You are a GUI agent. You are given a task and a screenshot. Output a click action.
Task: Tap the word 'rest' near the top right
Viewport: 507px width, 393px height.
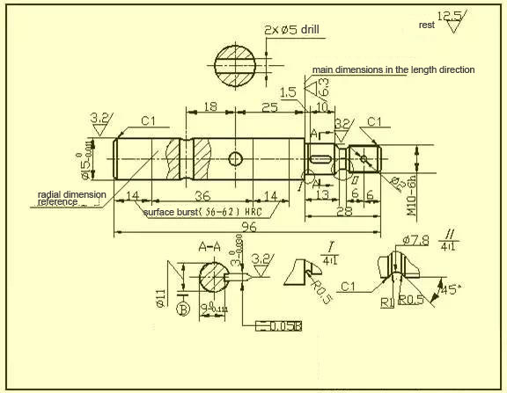427,25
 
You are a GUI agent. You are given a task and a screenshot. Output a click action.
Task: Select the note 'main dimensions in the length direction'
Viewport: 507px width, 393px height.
393,69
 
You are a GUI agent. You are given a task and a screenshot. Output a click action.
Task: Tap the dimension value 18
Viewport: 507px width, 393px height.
209,106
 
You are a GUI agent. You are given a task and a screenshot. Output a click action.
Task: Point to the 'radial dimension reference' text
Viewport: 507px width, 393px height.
71,198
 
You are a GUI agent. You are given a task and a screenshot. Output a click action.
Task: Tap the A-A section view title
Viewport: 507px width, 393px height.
209,246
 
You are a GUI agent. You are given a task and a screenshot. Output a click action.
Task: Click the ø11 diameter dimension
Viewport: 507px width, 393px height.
161,296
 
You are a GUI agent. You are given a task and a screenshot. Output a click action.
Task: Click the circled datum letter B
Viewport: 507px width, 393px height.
183,309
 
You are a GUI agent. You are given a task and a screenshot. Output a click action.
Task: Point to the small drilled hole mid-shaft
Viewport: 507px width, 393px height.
235,158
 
